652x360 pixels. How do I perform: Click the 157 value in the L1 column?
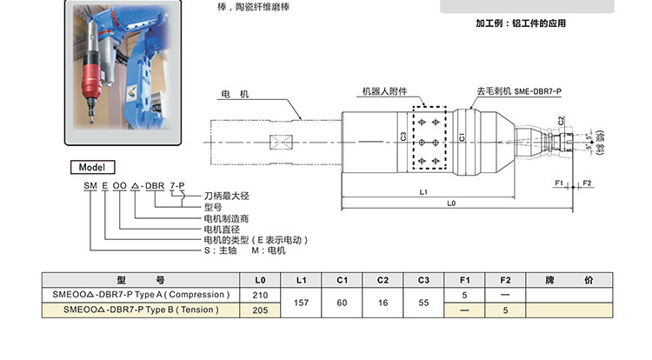[302, 303]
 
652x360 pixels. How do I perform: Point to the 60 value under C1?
[343, 303]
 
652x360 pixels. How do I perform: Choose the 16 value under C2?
[383, 303]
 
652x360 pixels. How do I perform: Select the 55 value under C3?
[424, 303]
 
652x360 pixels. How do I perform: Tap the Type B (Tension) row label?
[141, 310]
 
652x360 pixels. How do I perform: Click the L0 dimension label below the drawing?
[451, 203]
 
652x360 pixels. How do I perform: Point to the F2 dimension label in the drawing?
[588, 183]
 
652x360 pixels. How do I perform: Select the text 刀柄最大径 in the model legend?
[225, 198]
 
